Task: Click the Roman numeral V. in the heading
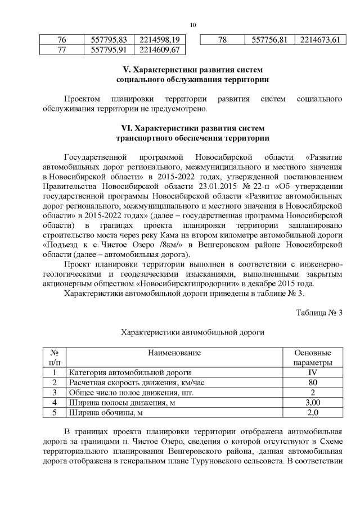[127, 69]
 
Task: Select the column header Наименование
[174, 353]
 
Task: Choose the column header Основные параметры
[313, 357]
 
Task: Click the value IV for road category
[313, 372]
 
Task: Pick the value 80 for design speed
[313, 382]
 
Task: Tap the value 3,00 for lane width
[313, 403]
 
